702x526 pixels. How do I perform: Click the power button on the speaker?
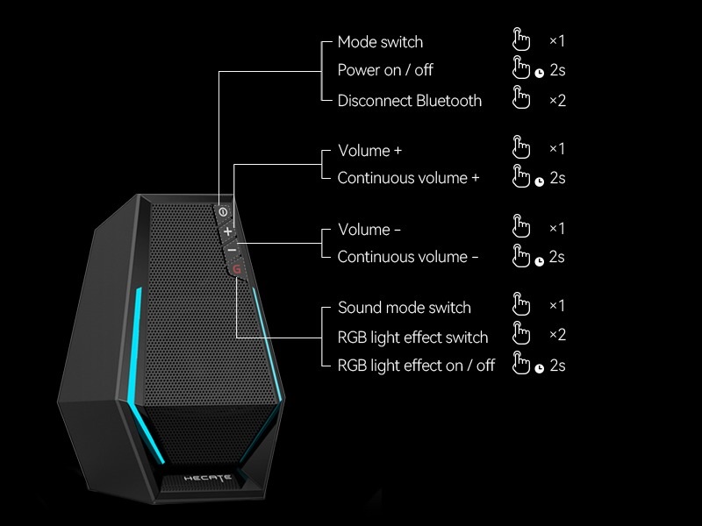[x=223, y=212]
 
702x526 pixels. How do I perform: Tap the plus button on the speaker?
[x=228, y=232]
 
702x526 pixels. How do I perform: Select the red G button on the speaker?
[x=236, y=269]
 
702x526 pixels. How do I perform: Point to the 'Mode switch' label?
[x=380, y=42]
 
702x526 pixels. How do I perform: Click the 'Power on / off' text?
[x=385, y=70]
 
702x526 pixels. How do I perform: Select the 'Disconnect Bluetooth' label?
[x=409, y=101]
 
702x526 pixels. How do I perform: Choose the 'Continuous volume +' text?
[x=408, y=178]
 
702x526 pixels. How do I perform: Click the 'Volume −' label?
[x=369, y=230]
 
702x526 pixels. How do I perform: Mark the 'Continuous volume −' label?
[x=408, y=257]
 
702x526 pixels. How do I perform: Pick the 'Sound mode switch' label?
[x=404, y=308]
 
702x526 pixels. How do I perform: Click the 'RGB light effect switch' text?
[x=412, y=338]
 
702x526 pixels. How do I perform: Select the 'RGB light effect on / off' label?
[x=416, y=366]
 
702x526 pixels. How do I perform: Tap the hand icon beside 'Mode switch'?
[x=521, y=40]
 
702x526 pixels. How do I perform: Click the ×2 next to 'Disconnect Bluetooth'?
[x=557, y=100]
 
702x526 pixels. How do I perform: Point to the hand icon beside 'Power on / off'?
[x=521, y=69]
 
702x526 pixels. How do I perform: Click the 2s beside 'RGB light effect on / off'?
[x=557, y=366]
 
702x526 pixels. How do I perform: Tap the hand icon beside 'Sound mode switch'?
[x=521, y=305]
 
